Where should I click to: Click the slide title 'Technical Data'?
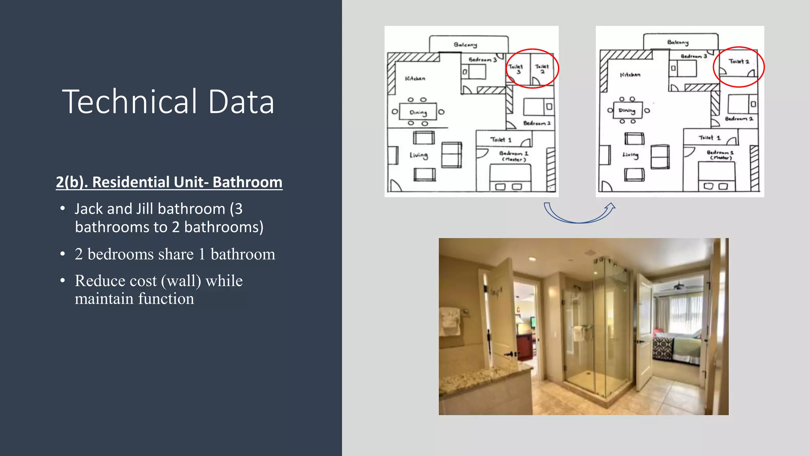(168, 102)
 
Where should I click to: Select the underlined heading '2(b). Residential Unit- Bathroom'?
(169, 182)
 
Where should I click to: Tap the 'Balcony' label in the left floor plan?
(466, 45)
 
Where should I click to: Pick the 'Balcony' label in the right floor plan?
(678, 42)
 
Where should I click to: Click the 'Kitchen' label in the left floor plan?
(415, 78)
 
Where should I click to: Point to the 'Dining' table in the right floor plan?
(627, 110)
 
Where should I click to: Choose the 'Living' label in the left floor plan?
(419, 155)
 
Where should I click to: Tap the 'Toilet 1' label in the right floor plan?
(710, 138)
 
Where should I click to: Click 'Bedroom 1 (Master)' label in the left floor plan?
(514, 156)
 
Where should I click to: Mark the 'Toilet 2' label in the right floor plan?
(739, 61)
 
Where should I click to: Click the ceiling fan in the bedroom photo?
(679, 286)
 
